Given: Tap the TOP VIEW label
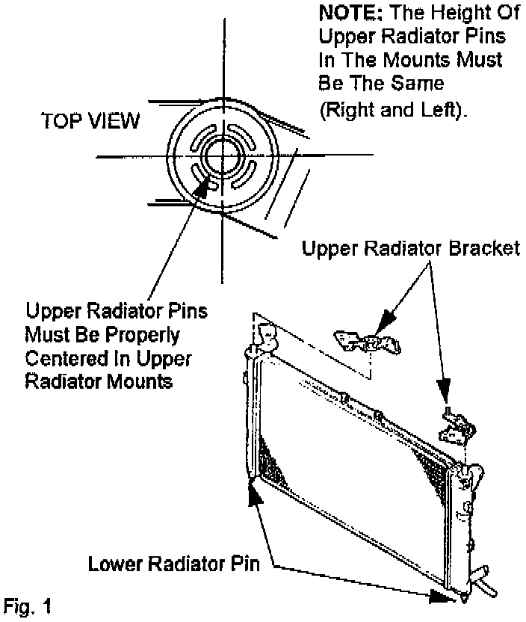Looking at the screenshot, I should click(90, 121).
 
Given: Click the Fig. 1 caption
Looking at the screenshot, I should click(28, 604).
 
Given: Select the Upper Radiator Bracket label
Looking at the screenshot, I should click(409, 248).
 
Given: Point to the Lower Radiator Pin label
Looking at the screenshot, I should click(173, 563).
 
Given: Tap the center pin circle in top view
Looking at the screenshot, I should click(221, 155).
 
